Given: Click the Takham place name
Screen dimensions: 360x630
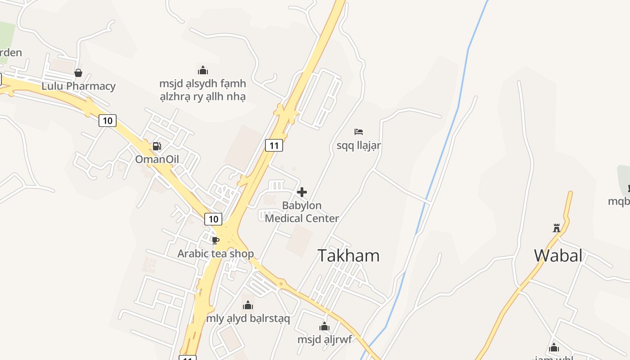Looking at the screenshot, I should [349, 256].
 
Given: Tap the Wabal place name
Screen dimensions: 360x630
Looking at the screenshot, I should [558, 256].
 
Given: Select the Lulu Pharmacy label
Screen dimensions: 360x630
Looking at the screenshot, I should [79, 86].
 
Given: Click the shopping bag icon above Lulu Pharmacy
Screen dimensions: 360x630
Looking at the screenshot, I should [78, 73].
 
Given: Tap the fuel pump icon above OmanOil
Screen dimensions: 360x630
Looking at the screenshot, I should [157, 146].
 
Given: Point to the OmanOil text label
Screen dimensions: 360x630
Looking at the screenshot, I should [157, 159].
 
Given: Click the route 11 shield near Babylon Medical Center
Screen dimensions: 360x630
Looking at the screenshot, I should [274, 145].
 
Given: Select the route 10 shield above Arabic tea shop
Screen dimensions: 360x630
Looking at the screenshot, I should [213, 219].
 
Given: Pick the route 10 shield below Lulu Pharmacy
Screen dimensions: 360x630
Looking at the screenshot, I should [107, 121].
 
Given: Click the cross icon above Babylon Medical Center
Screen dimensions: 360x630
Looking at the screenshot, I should [302, 192].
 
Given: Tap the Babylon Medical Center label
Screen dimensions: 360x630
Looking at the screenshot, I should [302, 212].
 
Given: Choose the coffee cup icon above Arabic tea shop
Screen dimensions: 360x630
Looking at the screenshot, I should [216, 240].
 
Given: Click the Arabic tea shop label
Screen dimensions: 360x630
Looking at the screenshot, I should [216, 254].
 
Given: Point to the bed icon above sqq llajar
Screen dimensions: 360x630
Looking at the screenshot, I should [359, 132].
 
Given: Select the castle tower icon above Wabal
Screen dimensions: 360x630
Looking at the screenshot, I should [557, 228].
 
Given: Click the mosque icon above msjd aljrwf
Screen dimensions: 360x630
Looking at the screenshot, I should [324, 327].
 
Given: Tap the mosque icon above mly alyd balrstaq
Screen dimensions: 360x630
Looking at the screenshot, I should [248, 306].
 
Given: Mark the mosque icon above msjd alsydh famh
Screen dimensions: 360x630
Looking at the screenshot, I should [203, 70].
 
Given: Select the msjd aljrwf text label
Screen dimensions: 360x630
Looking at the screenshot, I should [324, 340].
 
